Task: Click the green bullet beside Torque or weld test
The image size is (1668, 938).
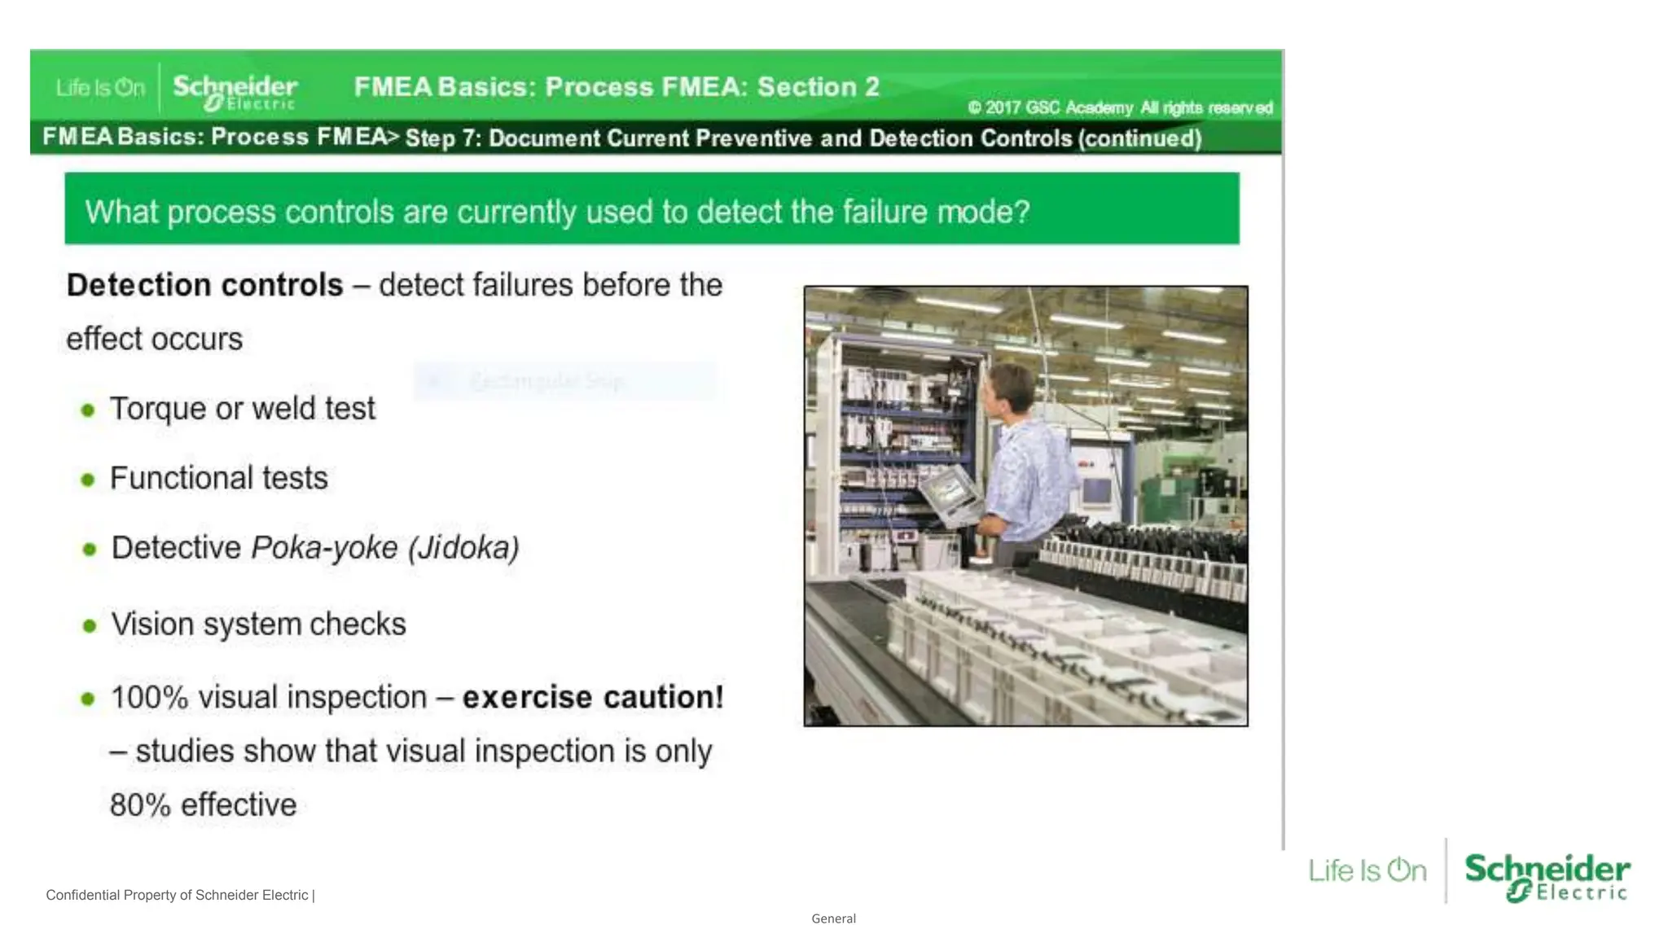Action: [x=88, y=410]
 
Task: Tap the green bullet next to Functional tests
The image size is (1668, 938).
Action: [x=88, y=480]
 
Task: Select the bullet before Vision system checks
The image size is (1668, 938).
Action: [x=90, y=625]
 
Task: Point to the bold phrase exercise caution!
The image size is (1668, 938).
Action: [x=593, y=698]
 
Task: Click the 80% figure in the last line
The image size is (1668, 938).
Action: [x=140, y=805]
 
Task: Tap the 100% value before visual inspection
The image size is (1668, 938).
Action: [x=149, y=698]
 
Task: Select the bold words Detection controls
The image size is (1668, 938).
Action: [x=204, y=285]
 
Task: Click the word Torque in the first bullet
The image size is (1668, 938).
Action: [x=158, y=409]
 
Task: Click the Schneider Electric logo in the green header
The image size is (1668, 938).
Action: [x=235, y=90]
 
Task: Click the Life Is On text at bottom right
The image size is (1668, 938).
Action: [x=1367, y=870]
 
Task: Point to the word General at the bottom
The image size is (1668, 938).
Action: [x=833, y=918]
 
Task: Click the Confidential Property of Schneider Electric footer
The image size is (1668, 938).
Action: [x=179, y=895]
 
